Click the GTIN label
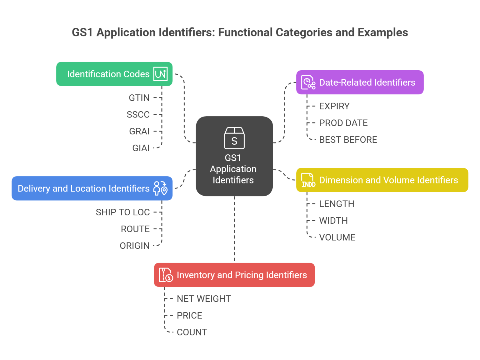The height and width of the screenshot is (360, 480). click(x=139, y=98)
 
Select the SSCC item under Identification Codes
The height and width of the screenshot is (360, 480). click(x=138, y=115)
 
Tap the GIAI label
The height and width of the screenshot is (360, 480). click(x=141, y=148)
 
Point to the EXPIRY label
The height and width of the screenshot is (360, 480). click(x=334, y=106)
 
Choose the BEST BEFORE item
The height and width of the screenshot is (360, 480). click(x=348, y=140)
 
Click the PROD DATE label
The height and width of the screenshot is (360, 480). click(x=343, y=123)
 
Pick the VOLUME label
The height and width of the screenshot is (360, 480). click(x=337, y=237)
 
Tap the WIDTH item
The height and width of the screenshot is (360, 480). click(x=333, y=221)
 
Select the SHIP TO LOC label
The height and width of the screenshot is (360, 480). click(x=123, y=212)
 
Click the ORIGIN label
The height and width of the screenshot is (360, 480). click(x=135, y=246)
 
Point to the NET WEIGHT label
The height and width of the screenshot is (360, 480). click(x=204, y=299)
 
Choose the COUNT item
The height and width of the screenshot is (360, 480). click(x=192, y=332)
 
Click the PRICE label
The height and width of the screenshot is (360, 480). click(x=189, y=316)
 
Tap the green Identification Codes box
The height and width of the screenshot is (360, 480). click(x=114, y=74)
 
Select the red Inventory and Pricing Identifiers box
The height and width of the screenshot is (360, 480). click(x=234, y=275)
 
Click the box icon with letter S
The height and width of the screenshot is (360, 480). click(x=234, y=138)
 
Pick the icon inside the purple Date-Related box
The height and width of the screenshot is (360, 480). click(x=308, y=82)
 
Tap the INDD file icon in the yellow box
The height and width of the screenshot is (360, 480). click(x=308, y=180)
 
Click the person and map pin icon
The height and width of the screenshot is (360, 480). click(x=160, y=188)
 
